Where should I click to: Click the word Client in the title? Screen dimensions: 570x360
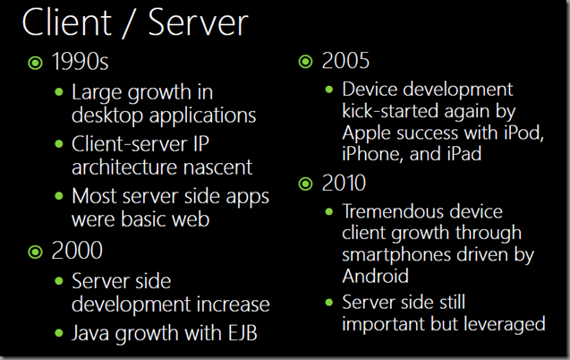coord(67,22)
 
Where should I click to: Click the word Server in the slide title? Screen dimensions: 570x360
coord(199,22)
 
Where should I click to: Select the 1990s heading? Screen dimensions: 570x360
coord(80,61)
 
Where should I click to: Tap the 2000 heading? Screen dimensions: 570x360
coord(77,251)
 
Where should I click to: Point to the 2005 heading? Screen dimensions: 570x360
coord(345,60)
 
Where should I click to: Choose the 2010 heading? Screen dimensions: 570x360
coord(344,183)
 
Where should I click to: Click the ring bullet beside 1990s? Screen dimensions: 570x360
coord(35,63)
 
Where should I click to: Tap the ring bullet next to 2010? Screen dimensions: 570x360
coord(305,184)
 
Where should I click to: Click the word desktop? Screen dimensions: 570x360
coord(107,116)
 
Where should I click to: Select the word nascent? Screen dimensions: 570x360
coord(217,167)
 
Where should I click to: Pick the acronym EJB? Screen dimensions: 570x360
coord(242,333)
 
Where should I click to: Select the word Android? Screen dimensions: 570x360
coord(376,276)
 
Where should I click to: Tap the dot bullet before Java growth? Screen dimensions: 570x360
coord(59,333)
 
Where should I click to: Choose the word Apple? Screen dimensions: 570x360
coord(367,133)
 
